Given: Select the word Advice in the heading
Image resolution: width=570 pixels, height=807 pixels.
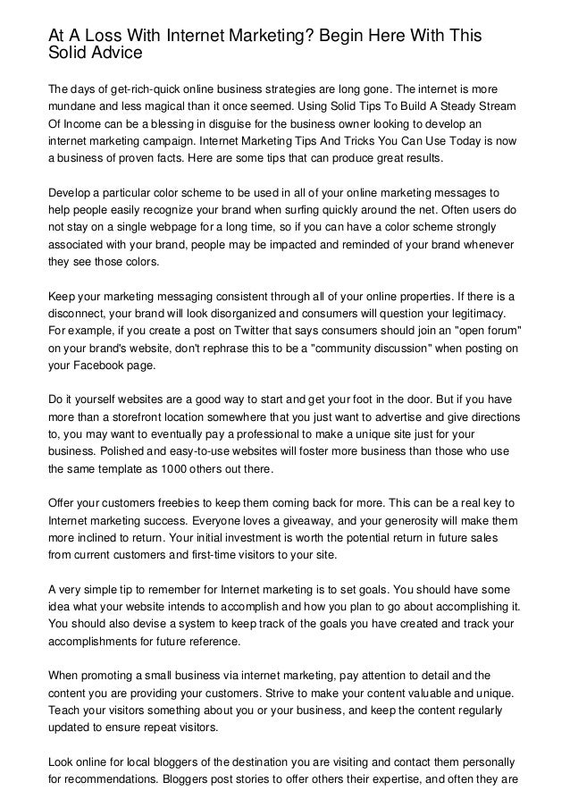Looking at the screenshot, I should [x=115, y=54].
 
